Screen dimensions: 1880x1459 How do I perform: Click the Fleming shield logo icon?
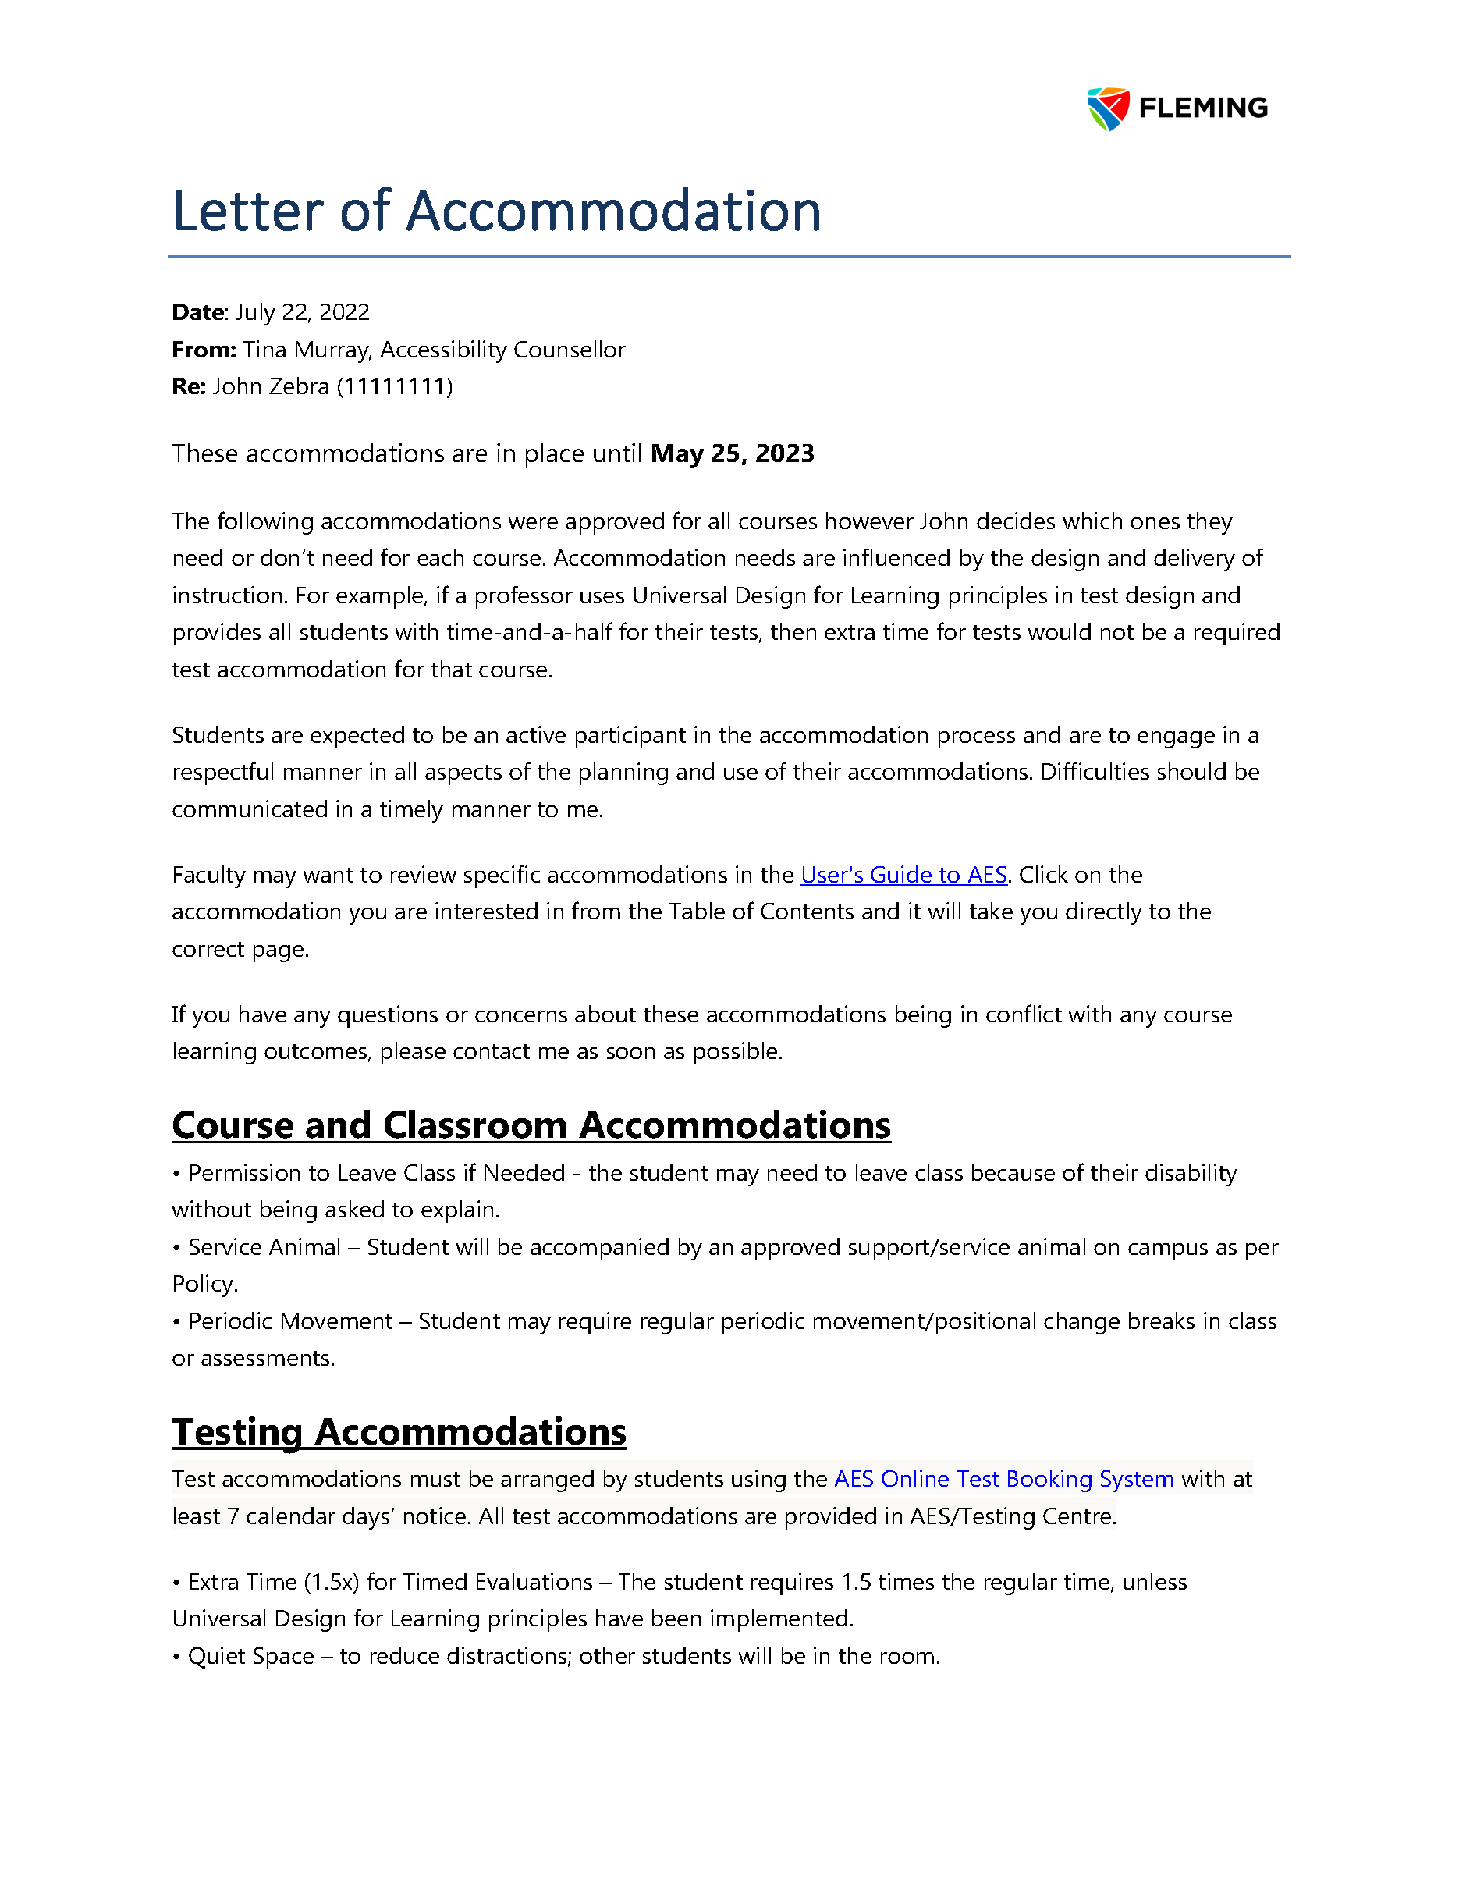tap(1108, 108)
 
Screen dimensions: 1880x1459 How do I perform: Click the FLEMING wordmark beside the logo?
tap(1202, 108)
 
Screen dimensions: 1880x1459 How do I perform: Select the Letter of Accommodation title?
tap(497, 211)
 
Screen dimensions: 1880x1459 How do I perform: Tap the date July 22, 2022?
tap(302, 312)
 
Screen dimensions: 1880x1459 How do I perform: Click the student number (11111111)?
tap(394, 387)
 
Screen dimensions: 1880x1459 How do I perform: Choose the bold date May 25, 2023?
tap(733, 454)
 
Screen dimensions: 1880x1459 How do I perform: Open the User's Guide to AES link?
tap(903, 876)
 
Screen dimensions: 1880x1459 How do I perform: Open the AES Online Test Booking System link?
tap(1003, 1480)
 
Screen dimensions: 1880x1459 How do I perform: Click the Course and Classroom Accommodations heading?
tap(531, 1126)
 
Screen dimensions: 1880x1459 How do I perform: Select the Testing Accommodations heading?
tap(399, 1432)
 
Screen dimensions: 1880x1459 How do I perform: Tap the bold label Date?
tap(198, 312)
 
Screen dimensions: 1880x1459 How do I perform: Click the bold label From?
tap(203, 350)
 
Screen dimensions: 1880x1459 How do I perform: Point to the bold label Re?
tap(188, 387)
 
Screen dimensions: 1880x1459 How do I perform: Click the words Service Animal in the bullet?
tap(264, 1248)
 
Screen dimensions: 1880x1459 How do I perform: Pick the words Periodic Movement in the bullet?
tap(290, 1322)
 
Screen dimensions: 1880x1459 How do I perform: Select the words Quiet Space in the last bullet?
tap(250, 1657)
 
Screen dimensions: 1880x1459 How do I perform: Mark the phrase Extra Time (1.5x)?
tap(274, 1583)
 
